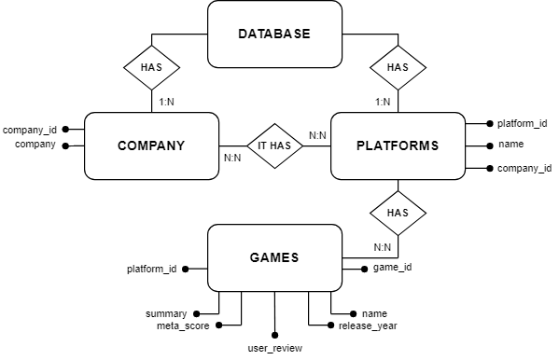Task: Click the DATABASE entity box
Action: [273, 35]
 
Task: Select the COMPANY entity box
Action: [151, 145]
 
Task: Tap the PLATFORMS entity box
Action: [398, 145]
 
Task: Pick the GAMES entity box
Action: [273, 256]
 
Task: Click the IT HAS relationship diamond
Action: [274, 145]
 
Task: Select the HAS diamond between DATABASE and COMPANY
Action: [151, 67]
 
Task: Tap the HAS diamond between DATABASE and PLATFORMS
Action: [398, 67]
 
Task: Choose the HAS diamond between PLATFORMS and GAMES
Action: [398, 213]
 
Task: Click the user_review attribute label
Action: [275, 348]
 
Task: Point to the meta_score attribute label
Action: [183, 325]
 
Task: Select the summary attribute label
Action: [166, 313]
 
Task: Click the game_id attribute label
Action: [392, 268]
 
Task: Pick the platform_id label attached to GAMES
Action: [151, 269]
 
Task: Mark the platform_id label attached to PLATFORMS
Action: [522, 123]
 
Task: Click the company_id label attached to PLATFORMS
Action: [524, 168]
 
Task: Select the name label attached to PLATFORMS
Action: [510, 145]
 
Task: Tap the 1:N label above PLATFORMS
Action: [382, 101]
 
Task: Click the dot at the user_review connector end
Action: [275, 334]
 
